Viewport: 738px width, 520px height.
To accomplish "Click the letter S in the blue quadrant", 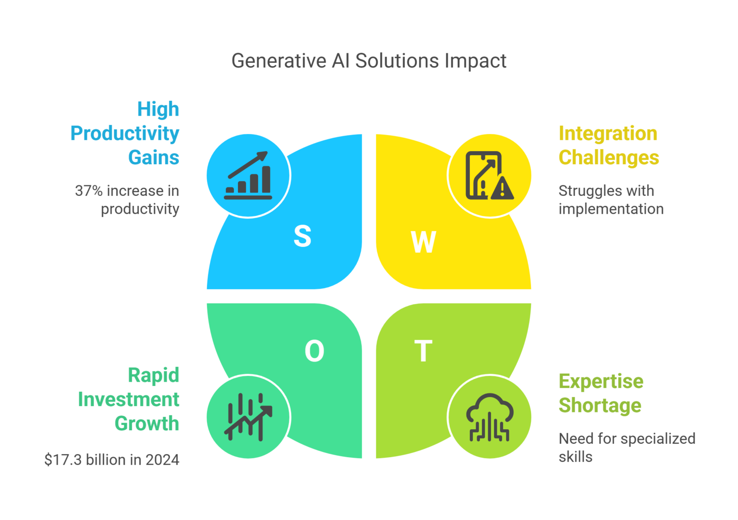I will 302,236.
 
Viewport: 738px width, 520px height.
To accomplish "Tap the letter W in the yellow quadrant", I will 423,242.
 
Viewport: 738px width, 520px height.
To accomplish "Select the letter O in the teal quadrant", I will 314,351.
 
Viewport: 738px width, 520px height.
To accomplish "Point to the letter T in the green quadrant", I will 423,351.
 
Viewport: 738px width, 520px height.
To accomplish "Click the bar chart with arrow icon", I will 248,176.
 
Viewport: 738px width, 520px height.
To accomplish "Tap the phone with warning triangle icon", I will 489,176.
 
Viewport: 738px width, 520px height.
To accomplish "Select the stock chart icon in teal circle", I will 248,417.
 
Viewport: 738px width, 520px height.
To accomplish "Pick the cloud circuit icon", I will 489,417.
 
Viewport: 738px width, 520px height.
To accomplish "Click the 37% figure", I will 89,191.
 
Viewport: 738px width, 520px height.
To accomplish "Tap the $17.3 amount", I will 63,460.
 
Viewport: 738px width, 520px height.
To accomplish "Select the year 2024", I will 162,460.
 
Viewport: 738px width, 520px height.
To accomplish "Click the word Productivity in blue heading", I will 125,133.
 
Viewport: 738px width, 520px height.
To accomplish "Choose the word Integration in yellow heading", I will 608,133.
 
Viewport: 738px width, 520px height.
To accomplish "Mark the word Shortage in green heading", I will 600,405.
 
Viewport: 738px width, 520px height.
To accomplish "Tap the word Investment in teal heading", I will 129,399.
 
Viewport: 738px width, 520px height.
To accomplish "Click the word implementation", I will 611,209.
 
